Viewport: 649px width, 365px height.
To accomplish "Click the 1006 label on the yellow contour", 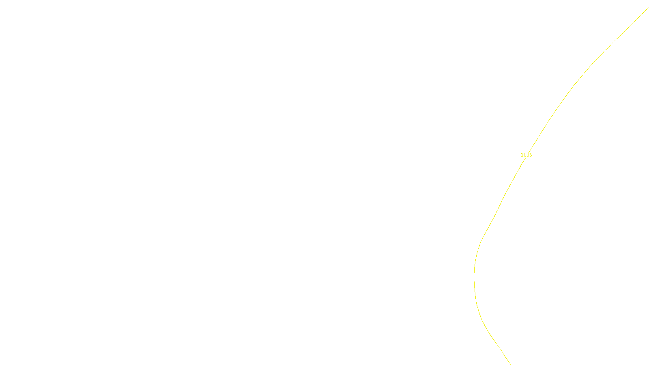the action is tap(526, 155).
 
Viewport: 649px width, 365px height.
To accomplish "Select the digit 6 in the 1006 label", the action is tap(531, 155).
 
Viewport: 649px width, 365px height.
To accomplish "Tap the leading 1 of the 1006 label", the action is tap(522, 155).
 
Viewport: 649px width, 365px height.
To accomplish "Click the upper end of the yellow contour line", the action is tap(648, 8).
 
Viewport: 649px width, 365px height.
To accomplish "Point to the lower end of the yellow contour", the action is tap(510, 364).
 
